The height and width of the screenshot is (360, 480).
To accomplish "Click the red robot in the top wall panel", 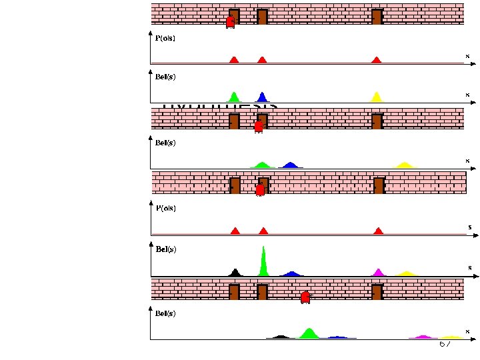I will pos(230,22).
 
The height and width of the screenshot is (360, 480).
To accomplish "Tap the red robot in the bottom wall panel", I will pos(305,297).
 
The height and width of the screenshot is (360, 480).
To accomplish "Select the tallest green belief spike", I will pos(263,261).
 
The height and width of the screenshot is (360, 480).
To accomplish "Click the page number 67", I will pos(445,344).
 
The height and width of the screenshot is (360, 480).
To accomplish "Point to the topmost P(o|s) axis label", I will pos(165,39).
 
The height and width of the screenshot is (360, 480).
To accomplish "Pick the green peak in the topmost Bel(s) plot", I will pos(233,97).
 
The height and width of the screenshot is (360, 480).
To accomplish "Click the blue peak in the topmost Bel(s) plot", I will pos(263,97).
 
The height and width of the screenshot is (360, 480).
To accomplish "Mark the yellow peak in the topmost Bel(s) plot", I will pos(376,97).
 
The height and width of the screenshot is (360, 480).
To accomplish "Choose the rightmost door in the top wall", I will pos(377,17).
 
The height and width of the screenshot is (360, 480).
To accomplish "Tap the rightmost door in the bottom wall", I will pos(377,292).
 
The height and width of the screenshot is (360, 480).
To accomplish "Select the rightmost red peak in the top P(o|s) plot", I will pos(376,60).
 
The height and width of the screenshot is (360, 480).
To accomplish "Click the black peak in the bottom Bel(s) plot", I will pos(281,337).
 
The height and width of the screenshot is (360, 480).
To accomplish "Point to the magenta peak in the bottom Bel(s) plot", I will pos(422,337).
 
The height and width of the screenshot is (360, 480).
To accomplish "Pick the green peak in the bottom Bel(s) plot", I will pos(309,333).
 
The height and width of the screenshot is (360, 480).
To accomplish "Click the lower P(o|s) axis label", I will pos(167,208).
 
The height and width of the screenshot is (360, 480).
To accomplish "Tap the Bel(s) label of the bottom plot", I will pos(165,313).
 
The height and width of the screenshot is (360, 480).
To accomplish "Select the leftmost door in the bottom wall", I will pos(234,292).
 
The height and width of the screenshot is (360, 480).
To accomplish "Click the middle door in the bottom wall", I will pos(262,292).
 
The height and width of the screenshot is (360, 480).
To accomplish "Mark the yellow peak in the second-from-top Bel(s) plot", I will pos(404,165).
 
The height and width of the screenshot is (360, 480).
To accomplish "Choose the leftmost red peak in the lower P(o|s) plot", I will pos(235,231).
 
